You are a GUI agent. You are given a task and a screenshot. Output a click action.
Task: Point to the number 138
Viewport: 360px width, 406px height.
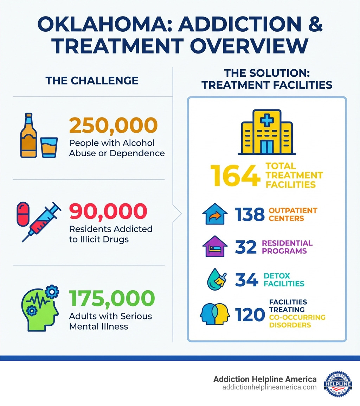(250, 214)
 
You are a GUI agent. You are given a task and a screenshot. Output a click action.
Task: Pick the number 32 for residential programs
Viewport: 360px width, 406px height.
(246, 247)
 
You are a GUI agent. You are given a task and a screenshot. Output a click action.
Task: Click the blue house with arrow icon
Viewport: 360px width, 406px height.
(213, 214)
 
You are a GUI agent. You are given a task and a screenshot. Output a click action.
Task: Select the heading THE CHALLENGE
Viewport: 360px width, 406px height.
(92, 81)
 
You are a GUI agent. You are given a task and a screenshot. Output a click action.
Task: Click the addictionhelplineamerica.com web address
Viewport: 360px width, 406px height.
(269, 387)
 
